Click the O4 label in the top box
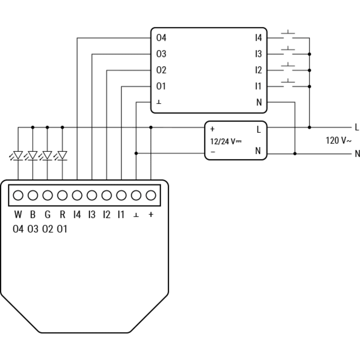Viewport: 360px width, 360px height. pyautogui.click(x=161, y=38)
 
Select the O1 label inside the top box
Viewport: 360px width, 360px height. pyautogui.click(x=161, y=86)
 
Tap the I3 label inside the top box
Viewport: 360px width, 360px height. pyautogui.click(x=259, y=54)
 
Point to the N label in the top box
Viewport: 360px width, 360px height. pyautogui.click(x=259, y=102)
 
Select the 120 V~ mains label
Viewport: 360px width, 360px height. pyautogui.click(x=338, y=140)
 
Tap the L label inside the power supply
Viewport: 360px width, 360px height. pyautogui.click(x=259, y=130)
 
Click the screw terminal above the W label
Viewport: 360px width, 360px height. pyautogui.click(x=18, y=195)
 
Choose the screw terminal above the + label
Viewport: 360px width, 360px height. pyautogui.click(x=151, y=195)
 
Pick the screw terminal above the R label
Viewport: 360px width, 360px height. pyautogui.click(x=62, y=195)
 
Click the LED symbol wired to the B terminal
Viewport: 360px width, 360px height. pyautogui.click(x=32, y=155)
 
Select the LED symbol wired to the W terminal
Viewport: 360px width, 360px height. pyautogui.click(x=17, y=155)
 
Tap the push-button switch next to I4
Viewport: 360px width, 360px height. pyautogui.click(x=288, y=34)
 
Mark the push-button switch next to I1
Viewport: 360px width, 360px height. pyautogui.click(x=288, y=83)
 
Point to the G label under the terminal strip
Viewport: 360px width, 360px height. pyautogui.click(x=48, y=215)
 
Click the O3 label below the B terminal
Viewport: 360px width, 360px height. pyautogui.click(x=33, y=229)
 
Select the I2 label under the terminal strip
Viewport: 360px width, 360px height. pyautogui.click(x=107, y=215)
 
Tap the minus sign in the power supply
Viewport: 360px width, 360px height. pyautogui.click(x=213, y=152)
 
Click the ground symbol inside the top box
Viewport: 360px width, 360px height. pyautogui.click(x=159, y=102)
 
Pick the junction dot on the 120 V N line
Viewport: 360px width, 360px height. pyautogui.click(x=295, y=154)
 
